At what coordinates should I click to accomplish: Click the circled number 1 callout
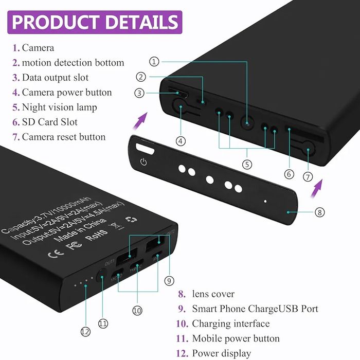[154, 62]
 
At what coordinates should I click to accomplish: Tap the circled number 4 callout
[181, 140]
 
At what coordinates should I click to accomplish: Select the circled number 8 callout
[319, 212]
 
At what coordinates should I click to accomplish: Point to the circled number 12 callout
[85, 332]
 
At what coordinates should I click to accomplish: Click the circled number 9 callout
[169, 281]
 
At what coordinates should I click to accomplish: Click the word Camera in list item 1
[38, 48]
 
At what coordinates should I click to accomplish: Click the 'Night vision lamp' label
[59, 107]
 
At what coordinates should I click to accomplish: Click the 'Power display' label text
[222, 353]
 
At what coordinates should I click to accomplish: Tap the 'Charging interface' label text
[230, 323]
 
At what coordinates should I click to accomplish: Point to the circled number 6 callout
[289, 174]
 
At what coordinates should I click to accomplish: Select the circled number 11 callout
[103, 323]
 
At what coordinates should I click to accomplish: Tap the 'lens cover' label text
[213, 294]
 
